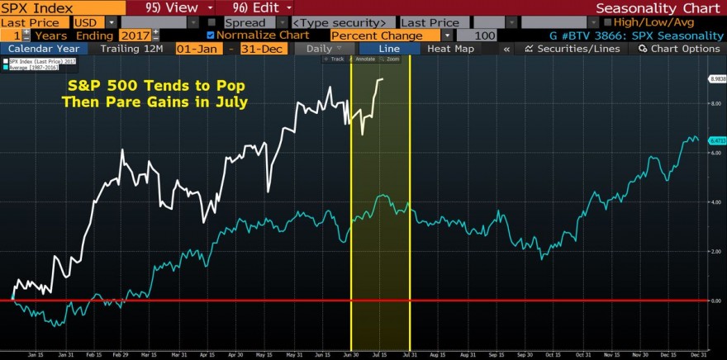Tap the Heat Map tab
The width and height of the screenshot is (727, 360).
coord(450,49)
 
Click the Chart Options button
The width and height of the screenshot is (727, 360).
coord(678,49)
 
